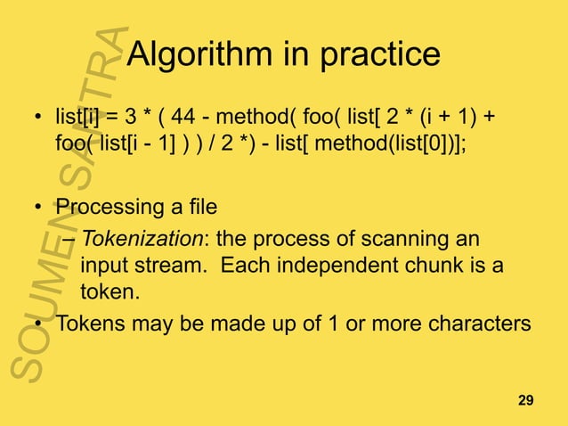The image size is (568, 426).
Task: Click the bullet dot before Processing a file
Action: (38, 209)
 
